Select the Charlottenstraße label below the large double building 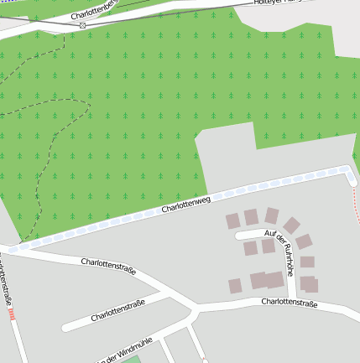pyautogui.click(x=289, y=303)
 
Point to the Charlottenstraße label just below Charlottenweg pyautogui.click(x=108, y=267)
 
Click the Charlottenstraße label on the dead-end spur pyautogui.click(x=118, y=310)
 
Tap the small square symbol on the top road pyautogui.click(x=82, y=25)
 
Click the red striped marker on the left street pyautogui.click(x=11, y=314)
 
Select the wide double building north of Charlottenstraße pyautogui.click(x=267, y=280)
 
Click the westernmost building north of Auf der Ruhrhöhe pyautogui.click(x=232, y=221)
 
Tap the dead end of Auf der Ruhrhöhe pyautogui.click(x=238, y=236)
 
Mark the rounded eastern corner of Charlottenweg pyautogui.click(x=349, y=172)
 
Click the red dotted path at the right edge pyautogui.click(x=356, y=205)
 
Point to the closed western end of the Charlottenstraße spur pyautogui.click(x=65, y=325)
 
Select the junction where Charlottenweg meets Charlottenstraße pyautogui.click(x=10, y=249)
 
